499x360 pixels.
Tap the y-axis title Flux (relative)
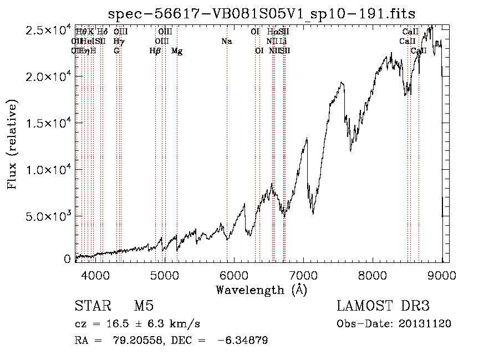(x=12, y=144)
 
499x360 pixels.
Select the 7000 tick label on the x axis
(x=303, y=274)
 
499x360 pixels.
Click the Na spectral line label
(x=226, y=42)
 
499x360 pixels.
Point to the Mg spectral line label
(x=177, y=51)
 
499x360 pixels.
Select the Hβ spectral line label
(x=155, y=51)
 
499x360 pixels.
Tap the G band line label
(x=116, y=51)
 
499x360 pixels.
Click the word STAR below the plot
(x=92, y=306)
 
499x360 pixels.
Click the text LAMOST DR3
(x=383, y=306)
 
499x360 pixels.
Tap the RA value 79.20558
(x=132, y=341)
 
